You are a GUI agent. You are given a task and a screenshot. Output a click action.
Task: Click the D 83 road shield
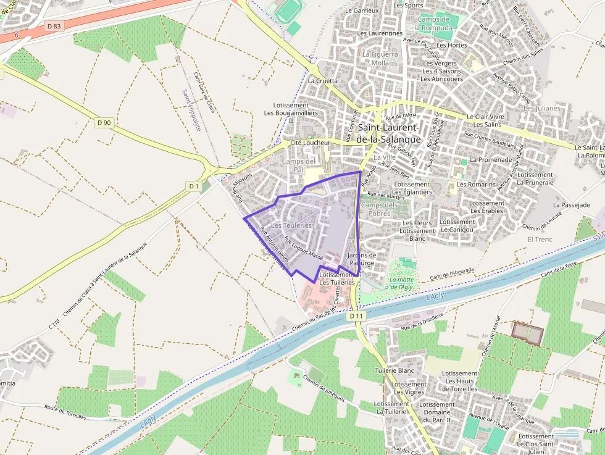point(54,26)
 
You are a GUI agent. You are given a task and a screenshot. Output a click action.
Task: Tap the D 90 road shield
point(104,122)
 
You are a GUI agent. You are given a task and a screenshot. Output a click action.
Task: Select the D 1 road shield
point(194,186)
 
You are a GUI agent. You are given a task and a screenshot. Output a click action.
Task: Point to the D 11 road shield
point(356,315)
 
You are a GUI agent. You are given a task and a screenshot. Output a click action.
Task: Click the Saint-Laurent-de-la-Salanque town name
point(389,133)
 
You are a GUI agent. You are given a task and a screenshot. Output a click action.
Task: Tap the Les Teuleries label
point(292,226)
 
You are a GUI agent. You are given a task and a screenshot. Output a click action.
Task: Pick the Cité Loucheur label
point(310,143)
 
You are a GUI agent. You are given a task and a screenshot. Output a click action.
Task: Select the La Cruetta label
point(322,80)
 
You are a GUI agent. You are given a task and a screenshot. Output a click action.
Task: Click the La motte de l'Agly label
point(401,283)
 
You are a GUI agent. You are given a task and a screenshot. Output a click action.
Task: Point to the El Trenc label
point(540,240)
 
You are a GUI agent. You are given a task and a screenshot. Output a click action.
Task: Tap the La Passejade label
point(572,204)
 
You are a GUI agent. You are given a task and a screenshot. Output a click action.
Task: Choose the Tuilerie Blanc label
point(394,370)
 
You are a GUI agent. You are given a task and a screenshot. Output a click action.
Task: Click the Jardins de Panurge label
point(361,259)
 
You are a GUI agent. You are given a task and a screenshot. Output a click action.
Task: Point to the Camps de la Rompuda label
point(436,23)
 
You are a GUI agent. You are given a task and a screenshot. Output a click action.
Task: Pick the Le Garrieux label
point(362,10)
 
